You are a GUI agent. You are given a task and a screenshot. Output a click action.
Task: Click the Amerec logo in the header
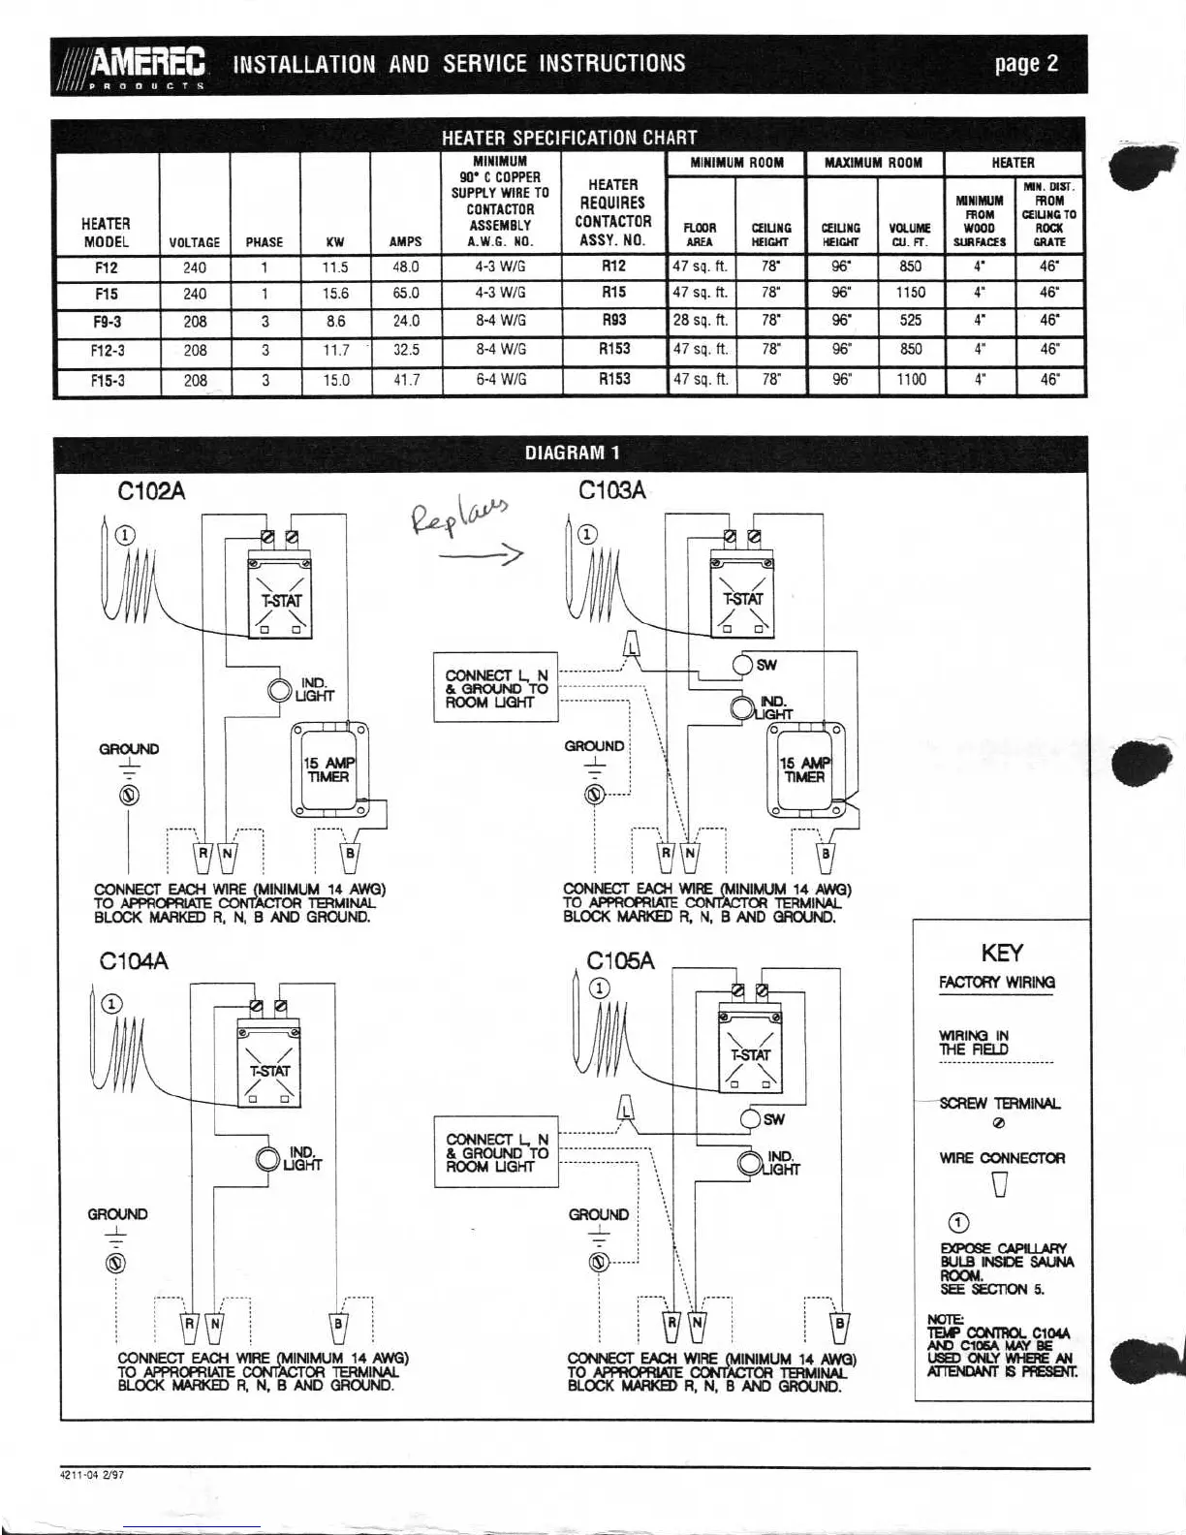point(135,65)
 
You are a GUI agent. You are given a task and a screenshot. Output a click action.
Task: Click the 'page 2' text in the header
point(1026,65)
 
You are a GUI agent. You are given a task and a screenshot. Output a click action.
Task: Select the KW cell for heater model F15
point(335,294)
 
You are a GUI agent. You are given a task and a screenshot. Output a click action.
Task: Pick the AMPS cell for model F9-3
point(407,321)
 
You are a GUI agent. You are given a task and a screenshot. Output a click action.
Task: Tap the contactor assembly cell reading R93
point(614,320)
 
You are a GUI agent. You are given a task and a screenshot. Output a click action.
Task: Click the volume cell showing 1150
point(911,293)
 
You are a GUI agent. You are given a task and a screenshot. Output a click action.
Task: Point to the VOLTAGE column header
point(195,242)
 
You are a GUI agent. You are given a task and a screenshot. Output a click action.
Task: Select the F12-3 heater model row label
point(107,351)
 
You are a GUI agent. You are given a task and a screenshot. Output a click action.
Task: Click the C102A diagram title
point(151,491)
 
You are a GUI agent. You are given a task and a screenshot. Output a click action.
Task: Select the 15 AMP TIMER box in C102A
point(329,768)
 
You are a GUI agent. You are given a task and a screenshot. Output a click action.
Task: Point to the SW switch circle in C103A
point(743,665)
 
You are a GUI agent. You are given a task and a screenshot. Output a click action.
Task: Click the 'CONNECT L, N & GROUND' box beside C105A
point(497,1152)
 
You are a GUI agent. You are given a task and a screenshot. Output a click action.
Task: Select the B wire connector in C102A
point(351,855)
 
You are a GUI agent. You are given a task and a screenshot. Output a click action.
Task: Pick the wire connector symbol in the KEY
point(1001,1184)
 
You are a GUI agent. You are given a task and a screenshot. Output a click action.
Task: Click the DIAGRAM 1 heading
point(572,453)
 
